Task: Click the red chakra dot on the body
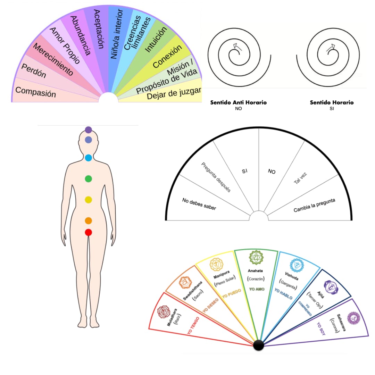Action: pos(88,232)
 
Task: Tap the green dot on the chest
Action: pos(88,179)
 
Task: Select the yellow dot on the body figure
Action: pos(88,200)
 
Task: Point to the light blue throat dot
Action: pos(88,158)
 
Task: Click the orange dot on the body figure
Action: pos(88,221)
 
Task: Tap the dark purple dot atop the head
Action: pos(88,130)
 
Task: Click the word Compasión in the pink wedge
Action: pos(36,92)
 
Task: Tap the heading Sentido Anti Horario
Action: pos(239,103)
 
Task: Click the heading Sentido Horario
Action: pos(332,103)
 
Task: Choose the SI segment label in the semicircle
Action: pos(244,171)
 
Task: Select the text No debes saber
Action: pos(199,204)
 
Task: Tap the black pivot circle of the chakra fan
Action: pos(258,345)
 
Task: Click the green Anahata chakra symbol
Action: pos(257,257)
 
